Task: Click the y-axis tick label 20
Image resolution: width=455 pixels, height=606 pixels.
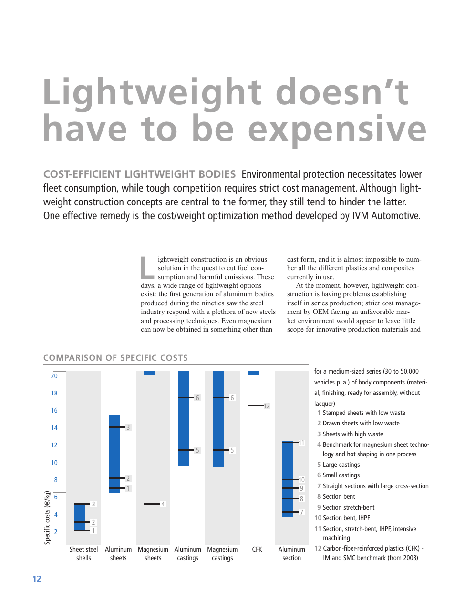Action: click(x=54, y=376)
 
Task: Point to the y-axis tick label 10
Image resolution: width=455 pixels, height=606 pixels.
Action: click(x=54, y=463)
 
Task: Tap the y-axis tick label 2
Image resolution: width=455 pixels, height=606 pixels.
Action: click(x=56, y=532)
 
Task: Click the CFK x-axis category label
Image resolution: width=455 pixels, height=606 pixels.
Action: click(x=257, y=549)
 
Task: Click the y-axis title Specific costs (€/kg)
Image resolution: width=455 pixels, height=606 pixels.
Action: click(x=47, y=517)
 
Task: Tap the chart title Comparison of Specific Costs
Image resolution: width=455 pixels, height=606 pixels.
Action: click(x=115, y=358)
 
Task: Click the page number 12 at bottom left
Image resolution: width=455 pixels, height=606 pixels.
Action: click(x=37, y=579)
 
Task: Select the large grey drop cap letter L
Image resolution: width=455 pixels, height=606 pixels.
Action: click(x=147, y=268)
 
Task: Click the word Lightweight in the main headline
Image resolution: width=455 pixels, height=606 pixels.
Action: click(x=152, y=92)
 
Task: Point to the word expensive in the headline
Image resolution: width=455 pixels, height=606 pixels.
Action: click(x=337, y=129)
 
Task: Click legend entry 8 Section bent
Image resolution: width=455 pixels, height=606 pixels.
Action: click(x=338, y=496)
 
